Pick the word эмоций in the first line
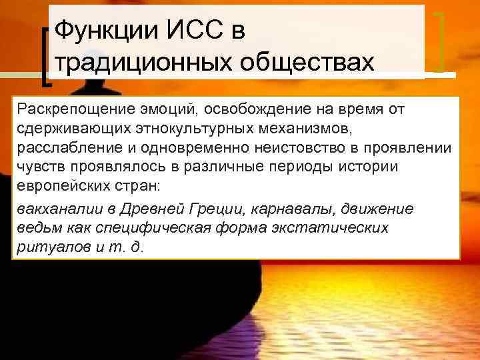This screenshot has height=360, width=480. [168, 109]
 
